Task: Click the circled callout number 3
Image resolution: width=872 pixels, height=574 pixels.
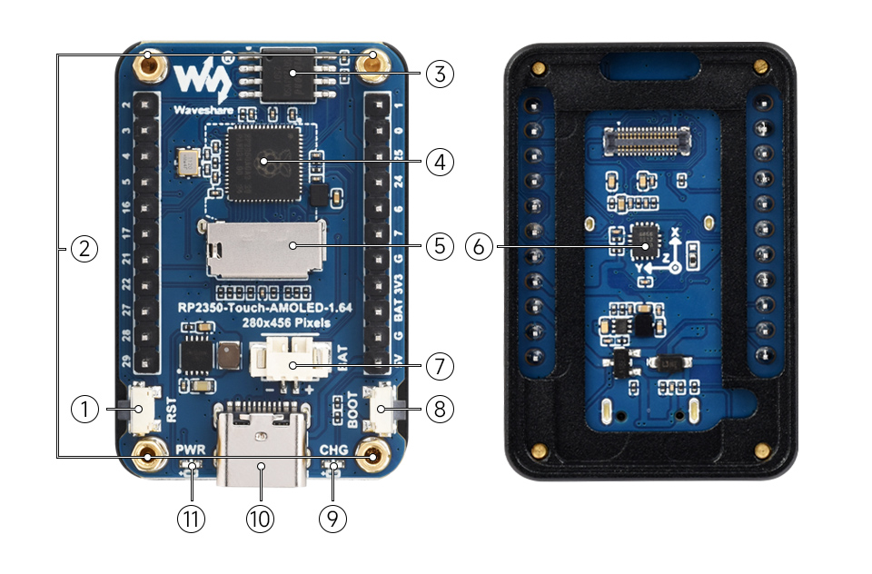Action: (x=440, y=73)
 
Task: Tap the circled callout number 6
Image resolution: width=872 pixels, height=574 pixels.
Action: (x=480, y=245)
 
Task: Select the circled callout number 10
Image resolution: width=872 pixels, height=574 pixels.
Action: (x=260, y=519)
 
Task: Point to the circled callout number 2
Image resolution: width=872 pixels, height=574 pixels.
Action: (x=84, y=248)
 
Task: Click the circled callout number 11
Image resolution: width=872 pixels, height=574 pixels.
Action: (x=192, y=519)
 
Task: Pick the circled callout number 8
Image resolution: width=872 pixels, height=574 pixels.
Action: (x=440, y=410)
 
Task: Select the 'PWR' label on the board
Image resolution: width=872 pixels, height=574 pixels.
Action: (x=192, y=450)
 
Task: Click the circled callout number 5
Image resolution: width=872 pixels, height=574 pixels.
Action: (x=440, y=245)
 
